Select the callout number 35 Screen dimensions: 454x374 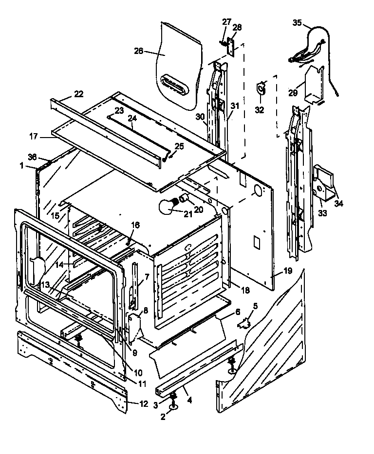(297, 22)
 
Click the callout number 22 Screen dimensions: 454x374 (78, 94)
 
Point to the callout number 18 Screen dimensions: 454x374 (245, 290)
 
